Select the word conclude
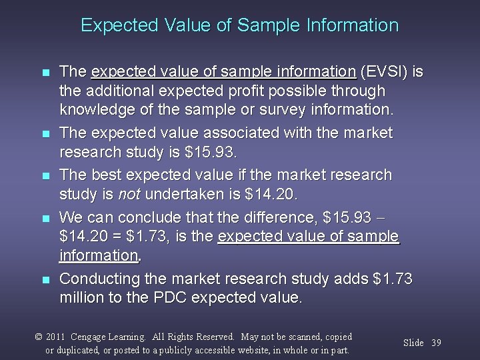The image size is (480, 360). [143, 217]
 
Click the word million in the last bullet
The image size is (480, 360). [83, 297]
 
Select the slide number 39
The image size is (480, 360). [436, 343]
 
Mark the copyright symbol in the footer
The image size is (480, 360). [39, 337]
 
